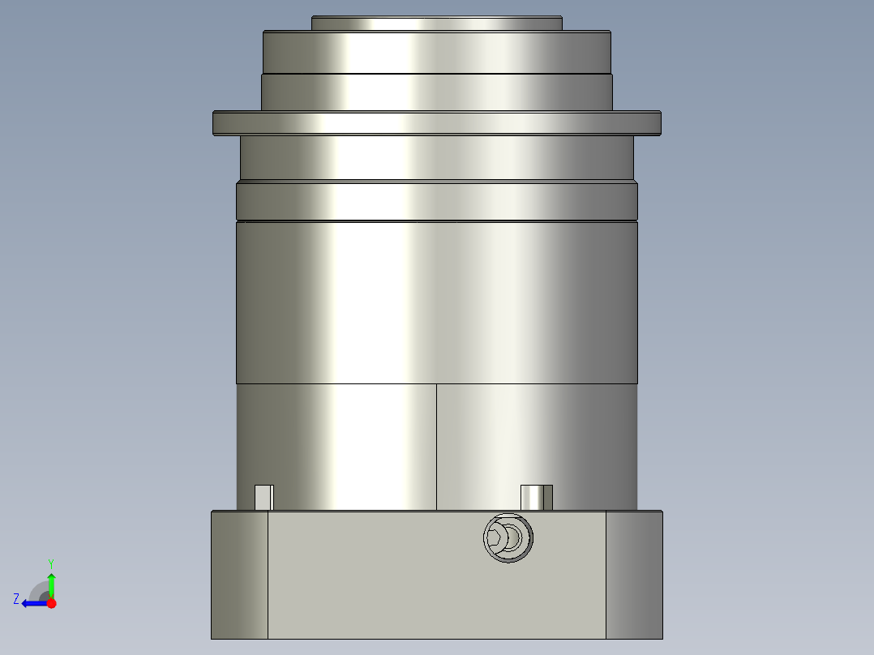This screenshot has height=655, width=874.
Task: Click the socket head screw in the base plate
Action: (508, 537)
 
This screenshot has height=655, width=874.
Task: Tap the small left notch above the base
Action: (263, 497)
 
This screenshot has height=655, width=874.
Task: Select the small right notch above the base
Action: (536, 497)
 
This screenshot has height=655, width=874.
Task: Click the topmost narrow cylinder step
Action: (436, 24)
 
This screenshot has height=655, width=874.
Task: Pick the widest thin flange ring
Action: (436, 123)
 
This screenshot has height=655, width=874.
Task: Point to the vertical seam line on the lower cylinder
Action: (436, 446)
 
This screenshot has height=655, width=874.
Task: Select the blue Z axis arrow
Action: (32, 603)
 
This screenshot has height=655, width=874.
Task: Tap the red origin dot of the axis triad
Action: (51, 603)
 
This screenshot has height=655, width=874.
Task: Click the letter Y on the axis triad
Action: (51, 563)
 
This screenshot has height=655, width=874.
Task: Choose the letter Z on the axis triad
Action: (16, 598)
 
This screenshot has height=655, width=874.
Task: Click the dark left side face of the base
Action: (239, 575)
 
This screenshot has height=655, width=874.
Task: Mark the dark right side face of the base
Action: (634, 575)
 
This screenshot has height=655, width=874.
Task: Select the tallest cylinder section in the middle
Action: (436, 302)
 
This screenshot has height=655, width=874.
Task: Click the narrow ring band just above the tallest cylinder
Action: (436, 200)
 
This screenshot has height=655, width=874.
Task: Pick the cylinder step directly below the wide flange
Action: (436, 157)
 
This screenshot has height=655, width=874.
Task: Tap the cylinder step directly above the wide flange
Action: (436, 92)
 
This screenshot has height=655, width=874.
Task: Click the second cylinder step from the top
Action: (436, 52)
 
